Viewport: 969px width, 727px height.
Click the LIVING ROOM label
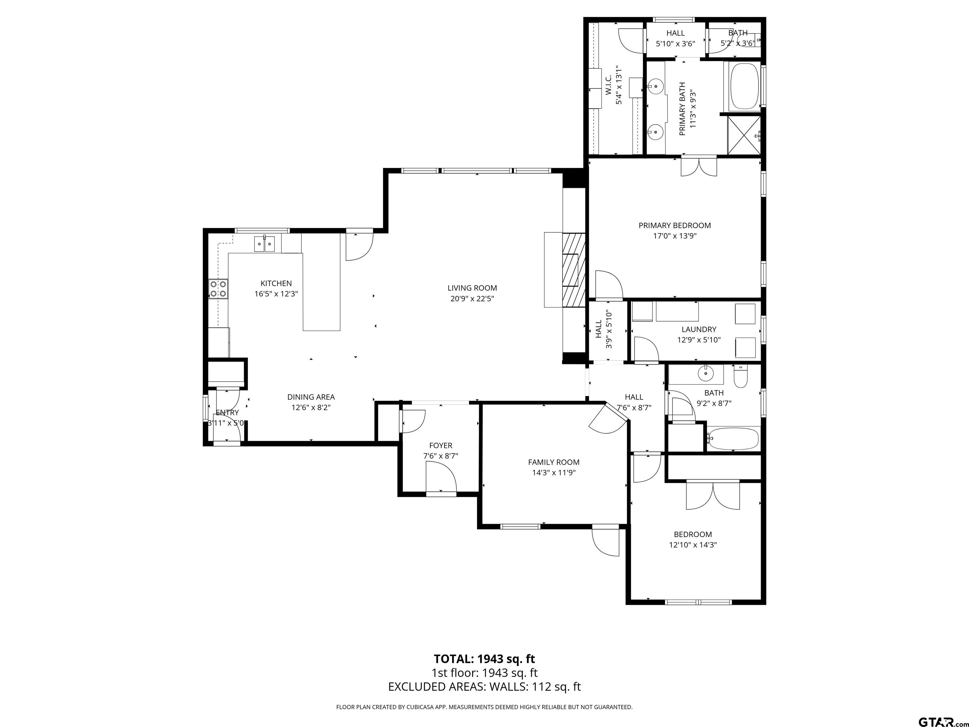tap(472, 288)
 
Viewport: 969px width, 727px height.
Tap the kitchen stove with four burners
tap(218, 289)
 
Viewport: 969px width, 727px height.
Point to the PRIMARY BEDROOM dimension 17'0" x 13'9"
tap(675, 236)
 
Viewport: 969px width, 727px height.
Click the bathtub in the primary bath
tap(744, 86)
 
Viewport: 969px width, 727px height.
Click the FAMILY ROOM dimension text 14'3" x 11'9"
tap(554, 472)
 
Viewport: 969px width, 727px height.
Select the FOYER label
tap(441, 445)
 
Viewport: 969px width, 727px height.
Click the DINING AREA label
tap(311, 397)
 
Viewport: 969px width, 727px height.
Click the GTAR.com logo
tap(939, 709)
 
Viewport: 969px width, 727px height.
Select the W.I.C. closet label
tap(608, 86)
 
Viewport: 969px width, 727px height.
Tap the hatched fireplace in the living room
tap(574, 269)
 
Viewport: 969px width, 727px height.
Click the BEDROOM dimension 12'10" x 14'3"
tap(693, 545)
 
